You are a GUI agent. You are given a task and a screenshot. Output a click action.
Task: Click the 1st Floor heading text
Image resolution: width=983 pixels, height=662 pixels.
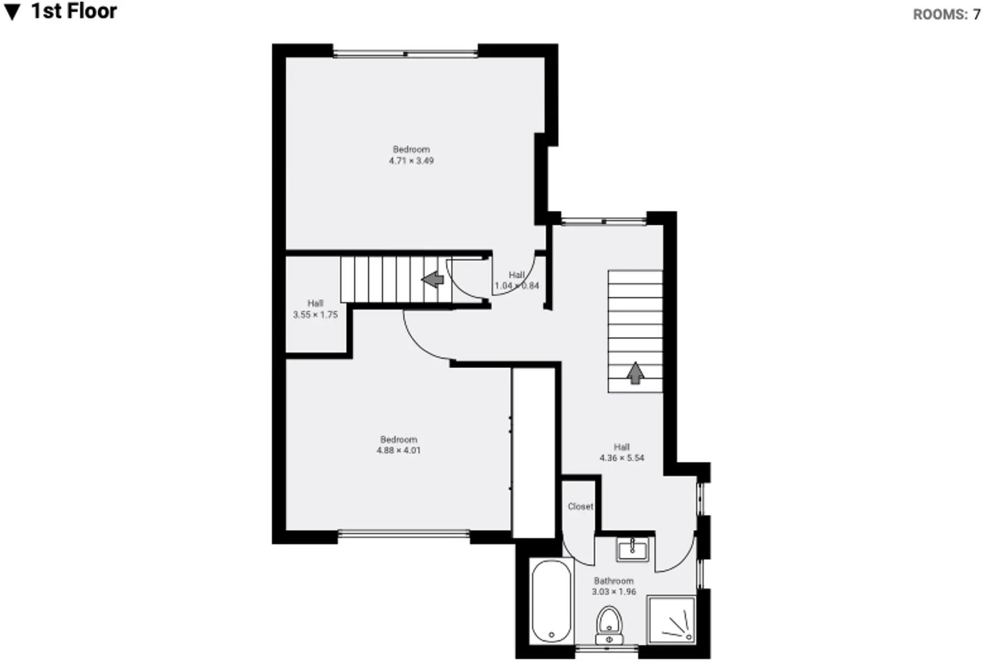pyautogui.click(x=74, y=11)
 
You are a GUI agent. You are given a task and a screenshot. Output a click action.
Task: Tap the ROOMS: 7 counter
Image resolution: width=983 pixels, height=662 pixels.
pyautogui.click(x=947, y=15)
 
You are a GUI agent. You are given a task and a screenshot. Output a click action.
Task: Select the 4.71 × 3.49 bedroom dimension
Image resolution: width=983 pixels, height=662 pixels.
pyautogui.click(x=411, y=161)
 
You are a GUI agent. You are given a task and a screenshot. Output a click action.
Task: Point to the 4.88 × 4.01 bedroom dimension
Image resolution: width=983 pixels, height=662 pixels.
pyautogui.click(x=398, y=450)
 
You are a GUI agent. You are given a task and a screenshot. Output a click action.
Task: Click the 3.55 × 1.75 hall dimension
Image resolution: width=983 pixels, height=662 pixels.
pyautogui.click(x=315, y=314)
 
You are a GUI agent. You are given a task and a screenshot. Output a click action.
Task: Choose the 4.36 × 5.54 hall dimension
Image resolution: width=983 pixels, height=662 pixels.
pyautogui.click(x=622, y=458)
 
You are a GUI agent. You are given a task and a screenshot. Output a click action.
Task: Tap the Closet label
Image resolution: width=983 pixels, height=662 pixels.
pyautogui.click(x=581, y=506)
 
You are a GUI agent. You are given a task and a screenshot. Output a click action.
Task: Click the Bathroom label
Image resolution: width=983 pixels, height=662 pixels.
pyautogui.click(x=614, y=581)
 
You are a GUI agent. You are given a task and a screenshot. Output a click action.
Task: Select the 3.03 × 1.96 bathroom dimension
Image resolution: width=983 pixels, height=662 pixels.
pyautogui.click(x=614, y=592)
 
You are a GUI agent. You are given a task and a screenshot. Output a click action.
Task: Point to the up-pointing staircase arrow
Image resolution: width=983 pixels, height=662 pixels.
pyautogui.click(x=635, y=373)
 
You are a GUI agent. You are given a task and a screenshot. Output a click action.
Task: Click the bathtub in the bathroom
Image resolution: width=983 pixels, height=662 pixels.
pyautogui.click(x=551, y=601)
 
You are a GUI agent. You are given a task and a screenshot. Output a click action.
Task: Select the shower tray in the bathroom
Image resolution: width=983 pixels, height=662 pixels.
pyautogui.click(x=671, y=620)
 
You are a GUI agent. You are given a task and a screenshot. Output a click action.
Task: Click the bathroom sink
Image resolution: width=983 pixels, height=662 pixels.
pyautogui.click(x=633, y=549)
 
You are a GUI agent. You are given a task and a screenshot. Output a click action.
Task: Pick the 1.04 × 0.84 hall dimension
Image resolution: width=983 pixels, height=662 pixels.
pyautogui.click(x=517, y=286)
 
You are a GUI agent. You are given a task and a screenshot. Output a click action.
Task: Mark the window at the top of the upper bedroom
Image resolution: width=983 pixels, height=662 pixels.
pyautogui.click(x=406, y=53)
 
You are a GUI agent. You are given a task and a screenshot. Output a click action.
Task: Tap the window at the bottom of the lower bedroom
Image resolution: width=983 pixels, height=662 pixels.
pyautogui.click(x=404, y=534)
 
